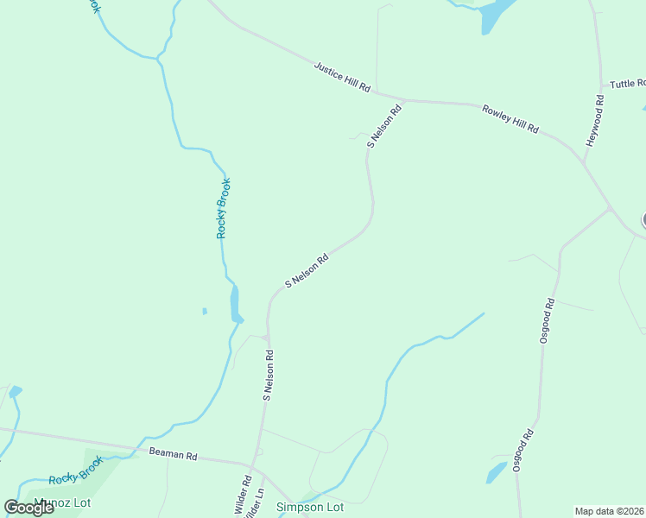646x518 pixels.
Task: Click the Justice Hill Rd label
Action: (342, 77)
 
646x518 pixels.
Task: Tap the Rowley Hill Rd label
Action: (510, 118)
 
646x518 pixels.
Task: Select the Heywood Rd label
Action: (596, 119)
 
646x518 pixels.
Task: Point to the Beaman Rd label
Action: (174, 453)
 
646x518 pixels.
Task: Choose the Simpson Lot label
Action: (309, 507)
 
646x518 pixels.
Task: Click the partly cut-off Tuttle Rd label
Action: (627, 84)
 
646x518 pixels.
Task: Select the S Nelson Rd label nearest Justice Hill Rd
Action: (385, 126)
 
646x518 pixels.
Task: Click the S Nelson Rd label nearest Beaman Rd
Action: (269, 375)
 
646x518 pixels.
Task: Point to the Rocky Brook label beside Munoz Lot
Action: (76, 470)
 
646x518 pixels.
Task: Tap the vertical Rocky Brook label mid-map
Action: (224, 208)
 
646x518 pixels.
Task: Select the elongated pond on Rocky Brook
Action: (235, 303)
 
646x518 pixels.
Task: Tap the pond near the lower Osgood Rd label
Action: (497, 473)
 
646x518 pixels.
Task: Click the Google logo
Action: (28, 507)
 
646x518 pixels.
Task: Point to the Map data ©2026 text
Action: (609, 511)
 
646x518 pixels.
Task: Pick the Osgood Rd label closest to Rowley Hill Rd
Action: (547, 321)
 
